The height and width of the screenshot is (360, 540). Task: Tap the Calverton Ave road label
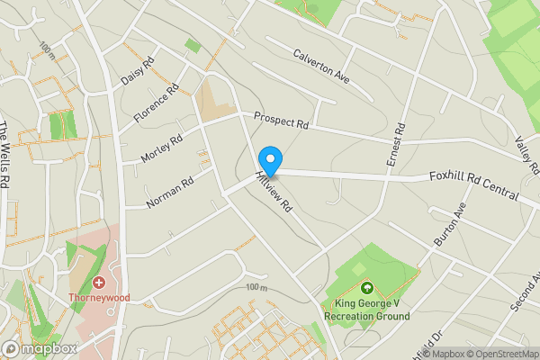click(320, 68)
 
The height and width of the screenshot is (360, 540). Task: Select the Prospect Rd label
click(281, 120)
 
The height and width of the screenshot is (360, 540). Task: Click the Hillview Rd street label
click(274, 192)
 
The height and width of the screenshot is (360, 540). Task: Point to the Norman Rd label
click(171, 192)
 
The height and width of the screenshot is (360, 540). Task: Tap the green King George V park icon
click(367, 289)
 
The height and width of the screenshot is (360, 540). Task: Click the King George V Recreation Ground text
click(367, 310)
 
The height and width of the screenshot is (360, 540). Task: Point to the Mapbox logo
click(39, 348)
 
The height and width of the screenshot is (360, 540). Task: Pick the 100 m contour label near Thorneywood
click(256, 287)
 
